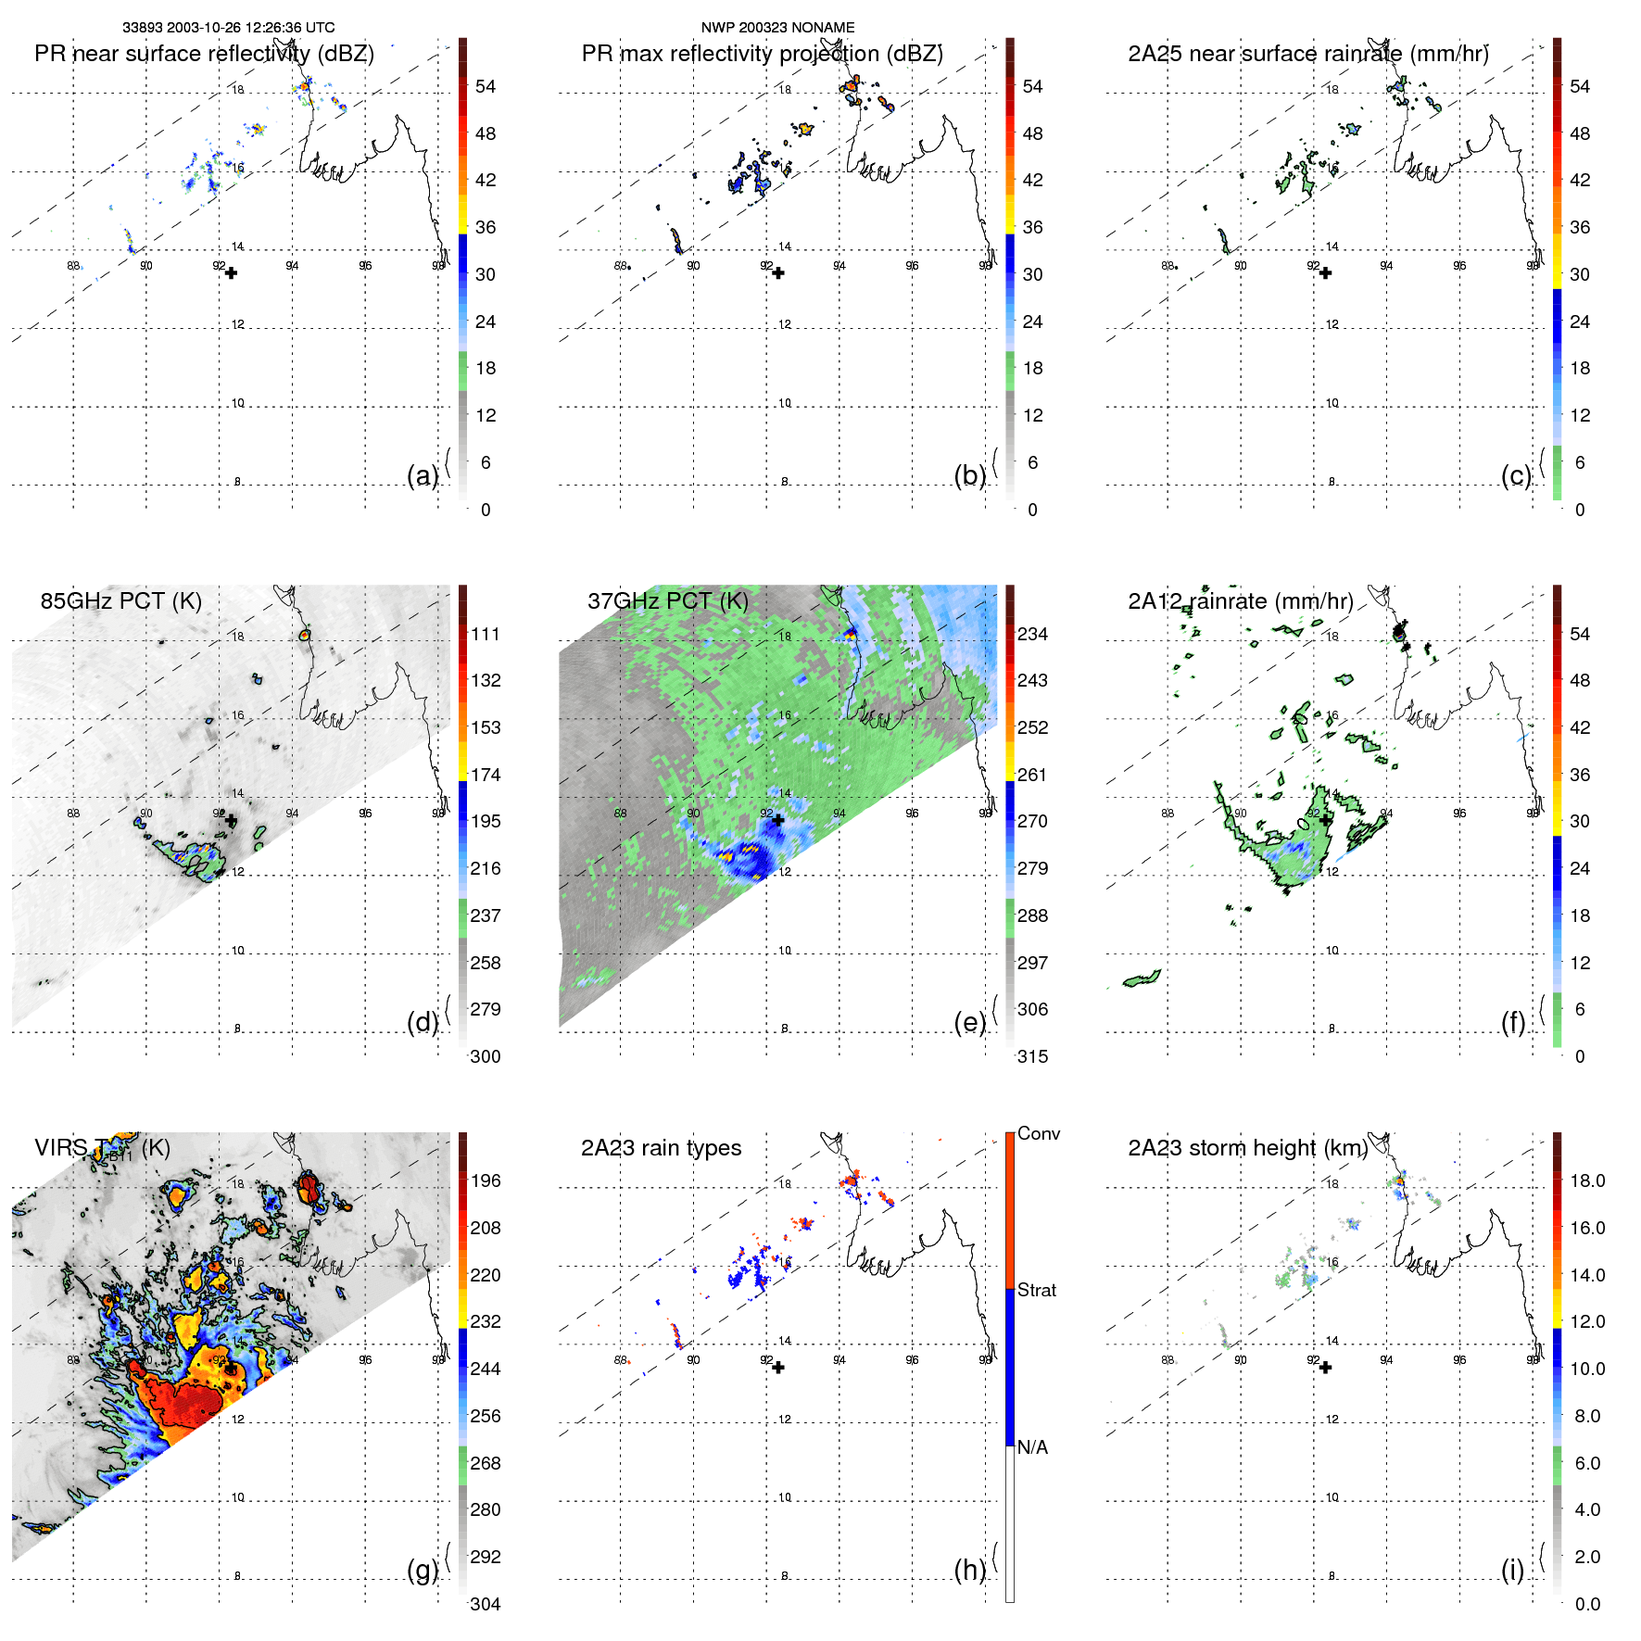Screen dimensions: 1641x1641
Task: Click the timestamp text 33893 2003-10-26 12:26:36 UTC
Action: coord(229,28)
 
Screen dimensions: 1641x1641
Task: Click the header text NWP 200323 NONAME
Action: coord(777,28)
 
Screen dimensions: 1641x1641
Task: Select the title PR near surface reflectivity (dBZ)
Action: coord(204,54)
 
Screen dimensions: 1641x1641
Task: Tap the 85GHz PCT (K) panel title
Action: coord(120,601)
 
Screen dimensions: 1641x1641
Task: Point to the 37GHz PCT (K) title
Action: coord(667,601)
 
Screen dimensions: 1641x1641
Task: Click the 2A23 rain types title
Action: coord(661,1148)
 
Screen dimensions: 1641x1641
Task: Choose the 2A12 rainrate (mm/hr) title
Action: coord(1240,601)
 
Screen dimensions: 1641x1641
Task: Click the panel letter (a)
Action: coord(423,475)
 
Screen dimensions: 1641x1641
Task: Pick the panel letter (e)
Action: coord(970,1023)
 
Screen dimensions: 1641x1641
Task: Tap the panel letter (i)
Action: coord(1512,1570)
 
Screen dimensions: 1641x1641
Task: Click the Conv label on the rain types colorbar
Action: coord(1039,1133)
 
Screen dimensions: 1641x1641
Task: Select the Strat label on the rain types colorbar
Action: coord(1037,1290)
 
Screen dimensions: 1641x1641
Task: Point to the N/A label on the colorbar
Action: coord(1032,1447)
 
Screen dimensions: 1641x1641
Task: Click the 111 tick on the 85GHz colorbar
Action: coord(486,634)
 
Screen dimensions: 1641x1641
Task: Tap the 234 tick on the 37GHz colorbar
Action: coord(1032,634)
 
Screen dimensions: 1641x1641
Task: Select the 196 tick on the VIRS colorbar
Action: coord(486,1180)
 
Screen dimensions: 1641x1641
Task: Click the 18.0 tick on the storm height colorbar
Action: coord(1586,1180)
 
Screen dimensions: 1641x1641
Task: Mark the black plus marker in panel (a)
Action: coord(231,273)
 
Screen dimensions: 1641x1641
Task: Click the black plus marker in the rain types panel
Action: coord(778,1368)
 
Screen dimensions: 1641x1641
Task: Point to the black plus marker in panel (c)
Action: coord(1326,273)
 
